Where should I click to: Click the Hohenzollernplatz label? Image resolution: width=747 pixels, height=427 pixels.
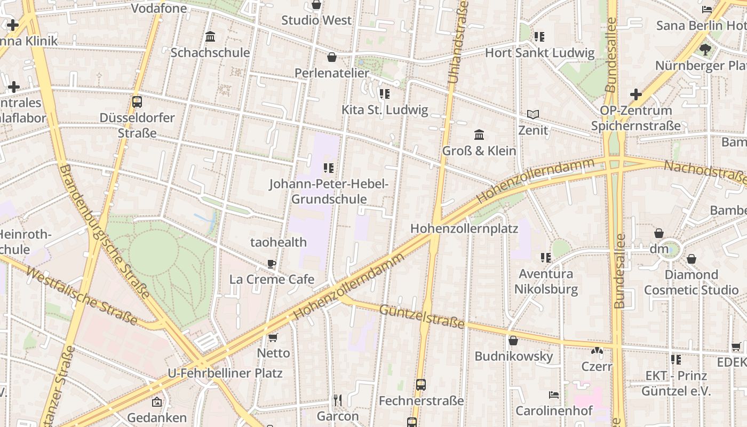coord(464,228)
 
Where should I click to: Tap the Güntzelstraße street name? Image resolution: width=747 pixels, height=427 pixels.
coord(422,316)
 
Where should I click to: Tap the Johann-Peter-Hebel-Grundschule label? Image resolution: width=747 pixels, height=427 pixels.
coord(329,192)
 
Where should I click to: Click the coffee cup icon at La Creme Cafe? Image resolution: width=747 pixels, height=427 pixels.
coord(272,263)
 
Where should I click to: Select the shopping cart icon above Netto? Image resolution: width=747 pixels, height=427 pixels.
coord(273,337)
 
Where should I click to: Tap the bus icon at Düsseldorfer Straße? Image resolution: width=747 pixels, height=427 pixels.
coord(137,101)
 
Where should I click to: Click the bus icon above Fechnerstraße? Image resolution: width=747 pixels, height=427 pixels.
coord(421,384)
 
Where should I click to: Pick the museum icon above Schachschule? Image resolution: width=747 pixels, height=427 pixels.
coord(210,37)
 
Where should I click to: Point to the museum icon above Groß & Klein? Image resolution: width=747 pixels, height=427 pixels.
coord(479,135)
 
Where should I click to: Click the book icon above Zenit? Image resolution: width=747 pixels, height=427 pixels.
coord(533,114)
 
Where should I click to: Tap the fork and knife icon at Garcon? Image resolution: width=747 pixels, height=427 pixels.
coord(337,400)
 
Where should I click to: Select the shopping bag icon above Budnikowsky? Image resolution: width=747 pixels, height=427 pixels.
coord(513,340)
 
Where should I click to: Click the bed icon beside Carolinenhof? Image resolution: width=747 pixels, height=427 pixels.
coord(554,395)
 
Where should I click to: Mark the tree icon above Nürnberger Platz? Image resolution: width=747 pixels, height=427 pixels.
coord(705,50)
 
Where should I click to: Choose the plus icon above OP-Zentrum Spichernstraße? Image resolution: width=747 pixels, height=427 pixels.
coord(635,94)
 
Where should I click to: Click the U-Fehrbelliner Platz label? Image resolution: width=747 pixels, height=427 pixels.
coord(225,373)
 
